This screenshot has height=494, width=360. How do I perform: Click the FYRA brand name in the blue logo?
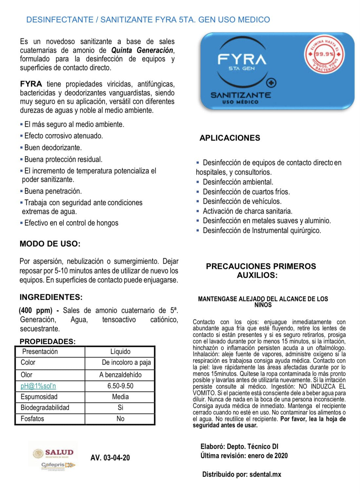pyautogui.click(x=242, y=59)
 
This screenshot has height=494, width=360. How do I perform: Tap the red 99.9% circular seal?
pyautogui.click(x=324, y=54)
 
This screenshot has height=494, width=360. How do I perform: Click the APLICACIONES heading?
pyautogui.click(x=230, y=138)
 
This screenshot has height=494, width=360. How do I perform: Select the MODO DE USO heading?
pyautogui.click(x=50, y=244)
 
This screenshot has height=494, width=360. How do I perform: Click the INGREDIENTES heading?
pyautogui.click(x=51, y=297)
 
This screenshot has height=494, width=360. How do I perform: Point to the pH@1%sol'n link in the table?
pyautogui.click(x=38, y=386)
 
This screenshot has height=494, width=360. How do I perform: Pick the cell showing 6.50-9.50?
pyautogui.click(x=120, y=386)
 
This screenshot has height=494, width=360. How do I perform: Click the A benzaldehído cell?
pyautogui.click(x=120, y=375)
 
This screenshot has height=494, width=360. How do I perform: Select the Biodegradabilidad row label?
pyautogui.click(x=45, y=408)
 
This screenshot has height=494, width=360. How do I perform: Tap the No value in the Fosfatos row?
pyautogui.click(x=120, y=419)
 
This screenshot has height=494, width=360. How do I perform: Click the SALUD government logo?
pyautogui.click(x=53, y=453)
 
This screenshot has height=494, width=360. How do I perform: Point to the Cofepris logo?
pyautogui.click(x=58, y=465)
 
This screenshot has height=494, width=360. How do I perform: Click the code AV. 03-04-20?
pyautogui.click(x=110, y=458)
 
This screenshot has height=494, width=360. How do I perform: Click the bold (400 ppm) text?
pyautogui.click(x=35, y=310)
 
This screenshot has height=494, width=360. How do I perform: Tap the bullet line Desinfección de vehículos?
pyautogui.click(x=242, y=201)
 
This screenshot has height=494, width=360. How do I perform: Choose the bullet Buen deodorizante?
pyautogui.click(x=53, y=147)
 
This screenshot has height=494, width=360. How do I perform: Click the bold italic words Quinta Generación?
pyautogui.click(x=142, y=50)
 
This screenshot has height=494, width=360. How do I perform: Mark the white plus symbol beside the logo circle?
pyautogui.click(x=272, y=83)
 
